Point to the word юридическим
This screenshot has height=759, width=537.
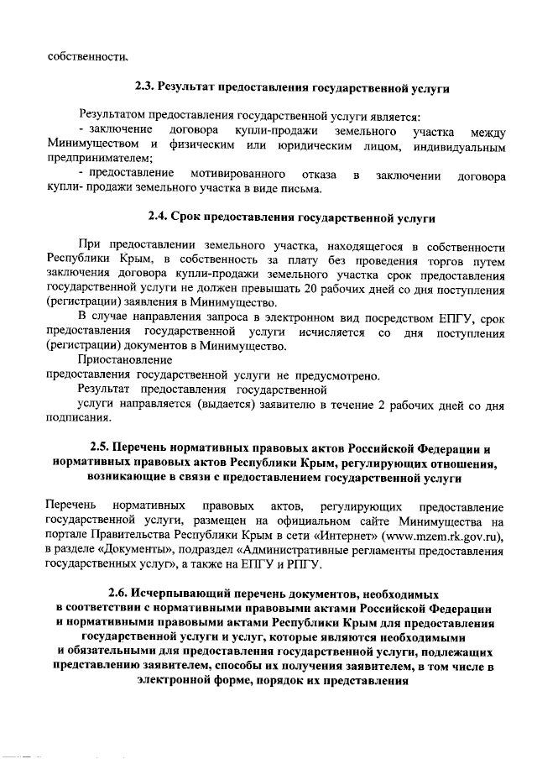[323, 147]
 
